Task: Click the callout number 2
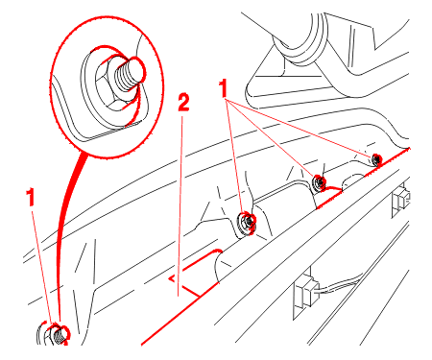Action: [183, 103]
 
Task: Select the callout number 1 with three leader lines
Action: [223, 88]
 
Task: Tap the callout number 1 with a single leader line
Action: [31, 197]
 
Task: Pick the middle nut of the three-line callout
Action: [319, 182]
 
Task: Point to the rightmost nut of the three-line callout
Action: [376, 159]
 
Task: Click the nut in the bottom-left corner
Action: [55, 334]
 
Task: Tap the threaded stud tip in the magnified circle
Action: [130, 76]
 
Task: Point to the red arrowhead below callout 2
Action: [172, 278]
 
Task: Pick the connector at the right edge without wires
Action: [400, 200]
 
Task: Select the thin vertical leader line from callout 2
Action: [180, 205]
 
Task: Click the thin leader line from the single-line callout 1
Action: [41, 266]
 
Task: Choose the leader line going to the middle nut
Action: [271, 138]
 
